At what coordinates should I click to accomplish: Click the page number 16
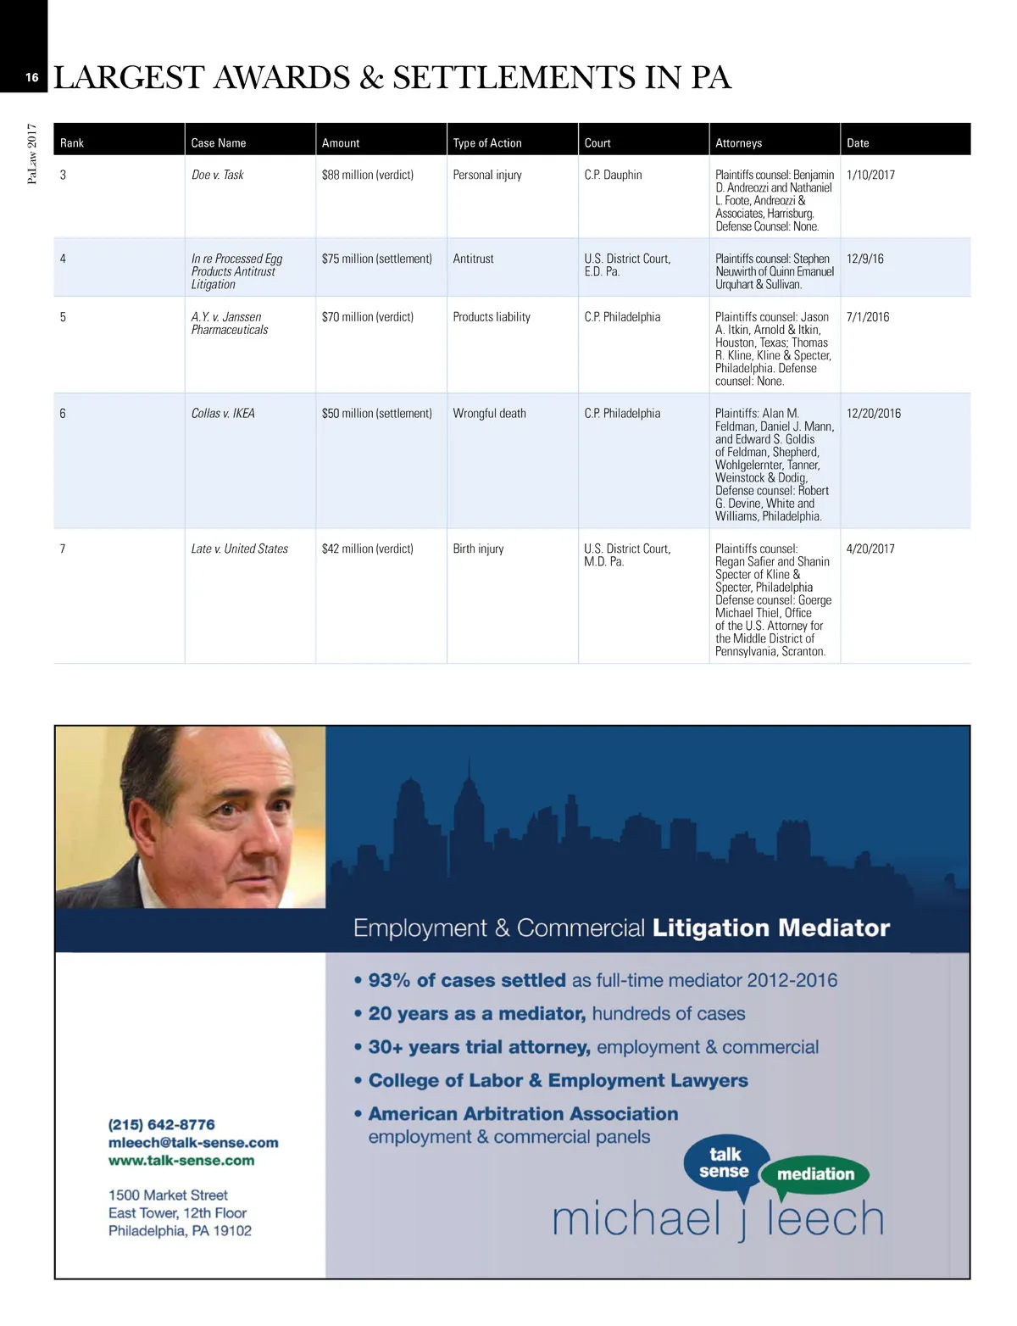click(31, 77)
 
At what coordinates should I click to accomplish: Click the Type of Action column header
click(487, 143)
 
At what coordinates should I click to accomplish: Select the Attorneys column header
click(738, 143)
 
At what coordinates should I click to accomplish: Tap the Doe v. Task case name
click(217, 175)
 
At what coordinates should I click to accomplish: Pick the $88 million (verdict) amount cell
click(368, 175)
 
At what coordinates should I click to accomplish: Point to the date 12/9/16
click(864, 259)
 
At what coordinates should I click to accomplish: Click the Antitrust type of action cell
click(473, 259)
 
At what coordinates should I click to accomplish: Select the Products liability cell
click(492, 317)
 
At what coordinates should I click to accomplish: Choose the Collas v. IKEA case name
click(223, 414)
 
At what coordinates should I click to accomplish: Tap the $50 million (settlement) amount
click(377, 414)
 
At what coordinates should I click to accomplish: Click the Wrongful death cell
click(489, 414)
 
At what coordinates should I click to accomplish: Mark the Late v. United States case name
click(240, 549)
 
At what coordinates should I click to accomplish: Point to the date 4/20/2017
click(870, 549)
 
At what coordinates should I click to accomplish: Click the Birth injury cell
click(478, 549)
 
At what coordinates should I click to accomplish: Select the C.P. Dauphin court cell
click(613, 175)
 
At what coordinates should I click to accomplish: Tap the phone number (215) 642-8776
click(162, 1124)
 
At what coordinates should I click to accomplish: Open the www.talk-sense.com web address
click(181, 1161)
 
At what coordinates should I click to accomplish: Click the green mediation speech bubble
click(815, 1174)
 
